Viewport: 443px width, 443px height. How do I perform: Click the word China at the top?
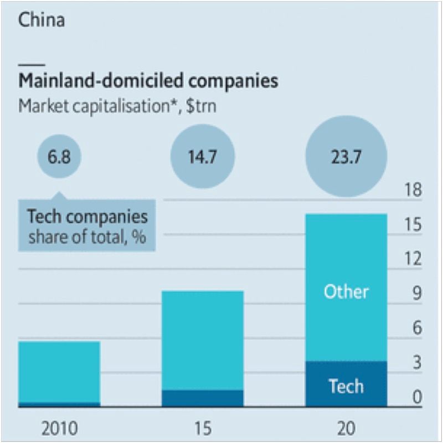click(42, 20)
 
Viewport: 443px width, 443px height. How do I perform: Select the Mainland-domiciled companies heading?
click(148, 81)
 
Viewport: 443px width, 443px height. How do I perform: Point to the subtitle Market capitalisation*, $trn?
click(117, 106)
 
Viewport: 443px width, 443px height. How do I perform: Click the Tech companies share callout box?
click(87, 226)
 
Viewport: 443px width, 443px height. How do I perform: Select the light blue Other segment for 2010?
click(59, 371)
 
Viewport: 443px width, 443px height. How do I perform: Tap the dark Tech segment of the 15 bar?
click(203, 398)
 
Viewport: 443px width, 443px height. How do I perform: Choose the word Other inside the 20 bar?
click(346, 291)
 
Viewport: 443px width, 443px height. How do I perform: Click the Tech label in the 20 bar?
click(346, 386)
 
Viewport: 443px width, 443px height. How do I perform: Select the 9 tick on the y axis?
click(415, 293)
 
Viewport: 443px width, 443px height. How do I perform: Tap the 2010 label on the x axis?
click(59, 428)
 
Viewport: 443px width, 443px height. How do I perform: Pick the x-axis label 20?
click(346, 428)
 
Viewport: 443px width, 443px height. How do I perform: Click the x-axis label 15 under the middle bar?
click(203, 428)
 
